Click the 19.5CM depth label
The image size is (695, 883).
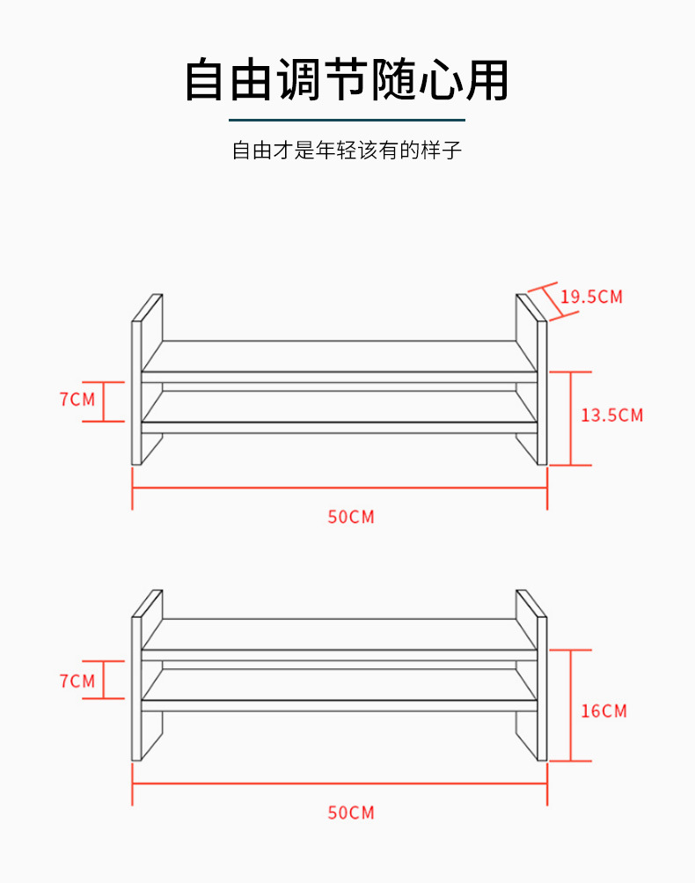(x=591, y=297)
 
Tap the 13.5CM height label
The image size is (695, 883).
(x=611, y=415)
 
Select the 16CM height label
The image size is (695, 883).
(x=604, y=710)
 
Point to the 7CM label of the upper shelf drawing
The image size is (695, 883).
(x=77, y=400)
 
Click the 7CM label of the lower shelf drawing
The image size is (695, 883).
(x=77, y=681)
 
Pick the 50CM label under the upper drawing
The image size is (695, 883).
(x=351, y=517)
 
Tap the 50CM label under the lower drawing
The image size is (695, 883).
(x=351, y=813)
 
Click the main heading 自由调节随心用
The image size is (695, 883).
(x=347, y=80)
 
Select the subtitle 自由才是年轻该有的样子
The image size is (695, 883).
(x=347, y=151)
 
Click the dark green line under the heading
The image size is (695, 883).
(x=347, y=119)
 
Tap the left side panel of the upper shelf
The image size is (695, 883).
(x=137, y=393)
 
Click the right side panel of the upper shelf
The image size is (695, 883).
(x=541, y=393)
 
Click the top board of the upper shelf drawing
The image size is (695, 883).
(x=340, y=357)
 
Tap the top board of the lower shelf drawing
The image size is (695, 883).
(x=340, y=635)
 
